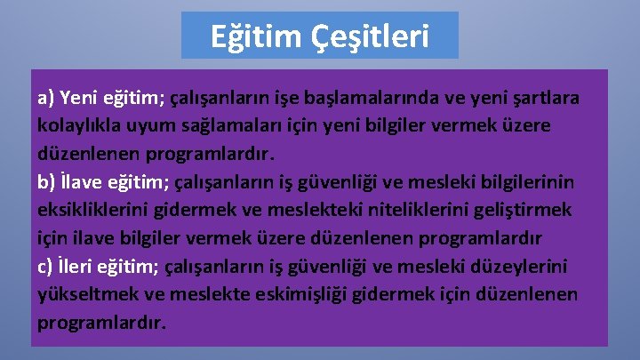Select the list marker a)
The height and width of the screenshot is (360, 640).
point(46,98)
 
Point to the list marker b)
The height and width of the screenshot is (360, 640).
point(47,182)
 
